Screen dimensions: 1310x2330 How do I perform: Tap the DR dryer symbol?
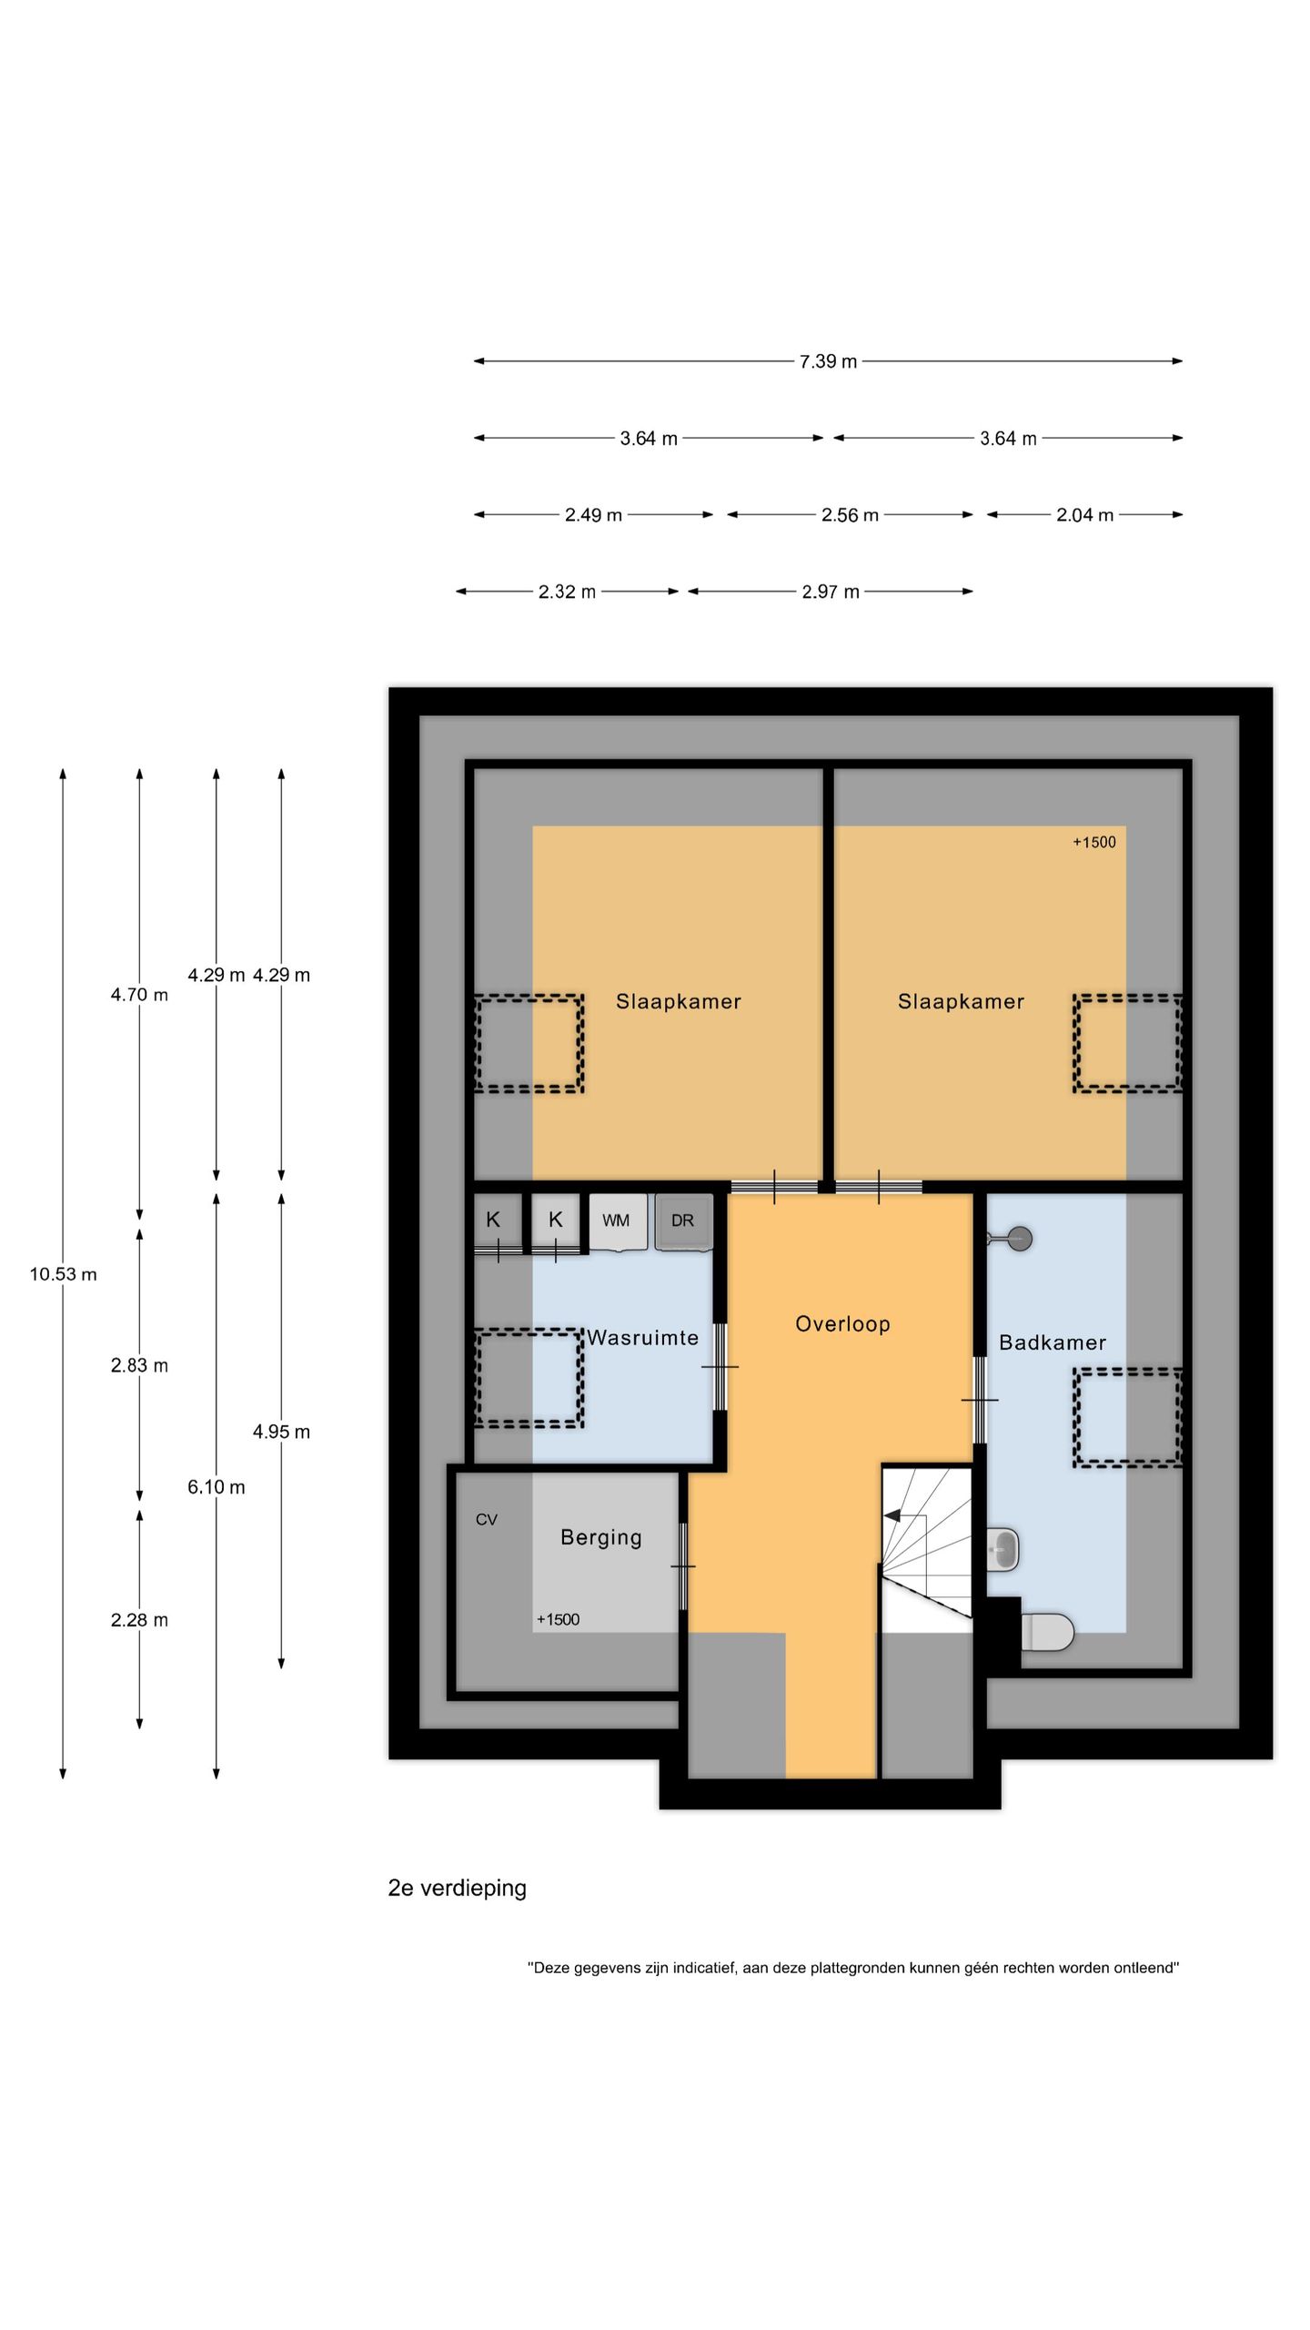click(683, 1221)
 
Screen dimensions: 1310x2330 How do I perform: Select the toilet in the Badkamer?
click(1047, 1632)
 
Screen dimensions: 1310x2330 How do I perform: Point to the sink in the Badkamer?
click(1003, 1548)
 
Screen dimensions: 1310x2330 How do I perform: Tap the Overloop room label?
click(842, 1324)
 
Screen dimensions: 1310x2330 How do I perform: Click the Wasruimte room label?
click(642, 1338)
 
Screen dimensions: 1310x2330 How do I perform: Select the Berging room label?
click(601, 1537)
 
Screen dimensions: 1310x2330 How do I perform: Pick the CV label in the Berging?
click(487, 1519)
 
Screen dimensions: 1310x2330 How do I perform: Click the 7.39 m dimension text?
click(828, 361)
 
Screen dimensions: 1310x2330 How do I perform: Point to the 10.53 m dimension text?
click(63, 1274)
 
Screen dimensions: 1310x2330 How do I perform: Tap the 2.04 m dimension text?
click(1084, 515)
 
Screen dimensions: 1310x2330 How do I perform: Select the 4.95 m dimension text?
click(281, 1432)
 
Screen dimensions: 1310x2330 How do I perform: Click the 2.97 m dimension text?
click(830, 592)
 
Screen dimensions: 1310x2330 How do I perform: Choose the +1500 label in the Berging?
click(558, 1619)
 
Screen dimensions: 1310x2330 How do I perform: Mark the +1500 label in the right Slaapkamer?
click(1093, 842)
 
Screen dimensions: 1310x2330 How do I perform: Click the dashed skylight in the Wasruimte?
click(529, 1378)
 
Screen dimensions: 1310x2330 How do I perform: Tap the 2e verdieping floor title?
click(458, 1888)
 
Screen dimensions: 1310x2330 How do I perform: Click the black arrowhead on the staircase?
click(892, 1515)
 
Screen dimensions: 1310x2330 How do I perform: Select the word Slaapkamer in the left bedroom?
click(679, 1001)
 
